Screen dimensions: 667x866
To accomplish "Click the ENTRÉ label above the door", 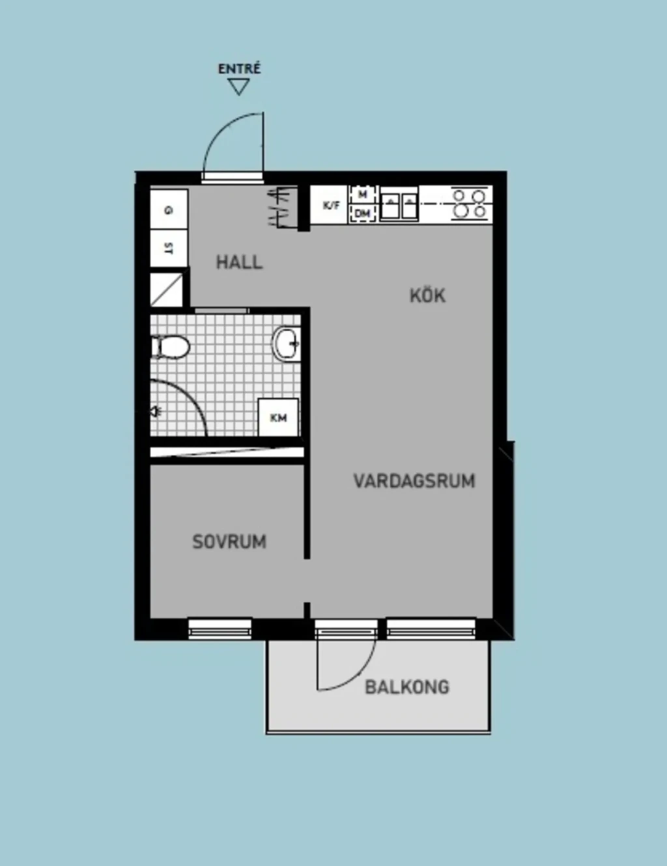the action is tap(239, 68).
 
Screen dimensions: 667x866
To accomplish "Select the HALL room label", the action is tap(239, 262).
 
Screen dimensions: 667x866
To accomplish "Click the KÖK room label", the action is tap(427, 295).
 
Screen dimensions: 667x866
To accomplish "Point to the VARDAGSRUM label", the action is tap(414, 481).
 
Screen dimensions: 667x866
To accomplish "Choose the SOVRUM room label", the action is tap(229, 541).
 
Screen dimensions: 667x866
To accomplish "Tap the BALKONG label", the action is tap(407, 687).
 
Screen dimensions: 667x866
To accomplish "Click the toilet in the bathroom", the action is tap(170, 347).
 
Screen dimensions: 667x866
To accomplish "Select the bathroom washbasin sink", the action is tap(287, 344).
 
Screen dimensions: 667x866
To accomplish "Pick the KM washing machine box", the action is tap(278, 417).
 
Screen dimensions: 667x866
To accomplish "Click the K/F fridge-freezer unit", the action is tap(330, 206).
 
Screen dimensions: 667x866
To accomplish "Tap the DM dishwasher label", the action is tap(362, 214).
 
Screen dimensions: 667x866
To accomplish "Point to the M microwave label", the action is tap(362, 194).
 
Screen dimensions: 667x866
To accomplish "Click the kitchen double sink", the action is tap(399, 205).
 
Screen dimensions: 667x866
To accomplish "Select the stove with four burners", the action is tap(470, 204).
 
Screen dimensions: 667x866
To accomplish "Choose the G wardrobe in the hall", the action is tap(169, 210).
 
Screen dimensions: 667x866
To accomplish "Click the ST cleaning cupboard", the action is tap(169, 249).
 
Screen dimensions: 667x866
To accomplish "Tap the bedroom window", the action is tap(220, 629).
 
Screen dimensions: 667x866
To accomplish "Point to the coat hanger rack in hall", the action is tap(283, 208).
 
